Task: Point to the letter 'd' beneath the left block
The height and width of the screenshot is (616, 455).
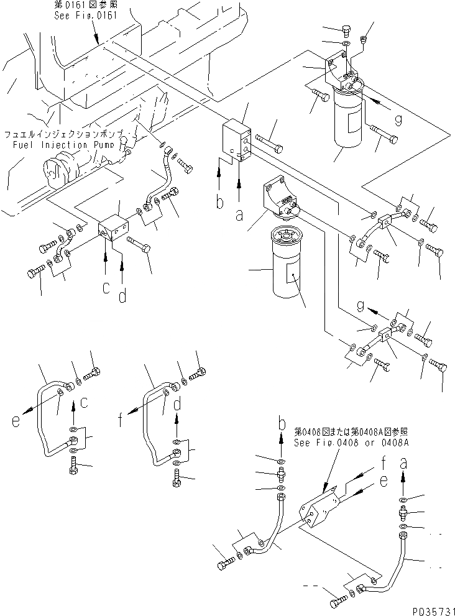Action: coord(122,297)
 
